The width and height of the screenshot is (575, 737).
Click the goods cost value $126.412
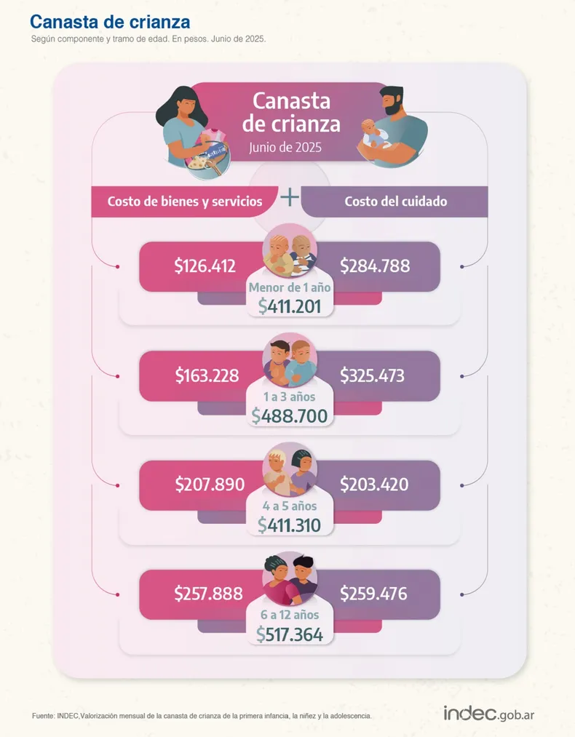pyautogui.click(x=205, y=266)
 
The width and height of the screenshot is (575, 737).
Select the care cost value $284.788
pyautogui.click(x=375, y=266)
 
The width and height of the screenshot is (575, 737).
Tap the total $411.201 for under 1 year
pyautogui.click(x=290, y=306)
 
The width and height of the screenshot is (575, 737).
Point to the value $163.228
pyautogui.click(x=206, y=376)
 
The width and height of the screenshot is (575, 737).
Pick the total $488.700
pyautogui.click(x=290, y=415)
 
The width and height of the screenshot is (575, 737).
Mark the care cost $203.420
pyautogui.click(x=374, y=485)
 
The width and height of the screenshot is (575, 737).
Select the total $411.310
pyautogui.click(x=289, y=525)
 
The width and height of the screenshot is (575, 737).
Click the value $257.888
pyautogui.click(x=208, y=594)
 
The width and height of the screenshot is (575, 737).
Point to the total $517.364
pyautogui.click(x=290, y=634)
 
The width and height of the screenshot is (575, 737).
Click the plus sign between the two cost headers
pyautogui.click(x=290, y=197)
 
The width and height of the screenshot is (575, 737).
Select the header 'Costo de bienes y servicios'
pyautogui.click(x=185, y=202)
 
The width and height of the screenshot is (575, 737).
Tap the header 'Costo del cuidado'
pyautogui.click(x=396, y=202)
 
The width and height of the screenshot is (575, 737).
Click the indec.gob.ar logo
pyautogui.click(x=489, y=713)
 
